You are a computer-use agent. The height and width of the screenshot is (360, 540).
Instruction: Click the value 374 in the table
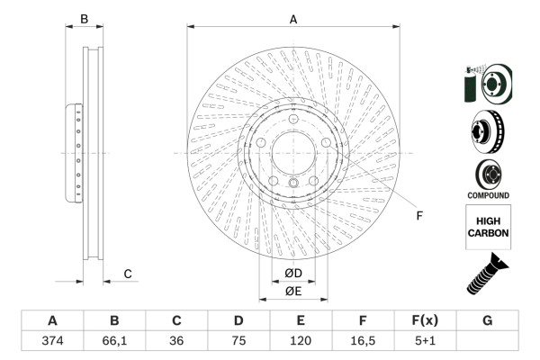[51, 341]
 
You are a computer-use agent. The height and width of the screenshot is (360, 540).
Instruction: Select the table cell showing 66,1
[114, 341]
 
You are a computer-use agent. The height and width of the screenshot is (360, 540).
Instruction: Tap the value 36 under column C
[176, 341]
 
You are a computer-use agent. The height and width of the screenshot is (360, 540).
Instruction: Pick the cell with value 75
[238, 341]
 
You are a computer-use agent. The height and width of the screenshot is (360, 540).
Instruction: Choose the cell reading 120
[301, 341]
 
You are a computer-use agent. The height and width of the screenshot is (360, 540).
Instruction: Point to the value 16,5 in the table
[363, 341]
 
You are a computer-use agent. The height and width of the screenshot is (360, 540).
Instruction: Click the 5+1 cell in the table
[425, 341]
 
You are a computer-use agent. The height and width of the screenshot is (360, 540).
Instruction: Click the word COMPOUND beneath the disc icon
[488, 195]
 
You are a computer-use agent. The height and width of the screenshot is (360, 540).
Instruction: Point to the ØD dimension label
[292, 274]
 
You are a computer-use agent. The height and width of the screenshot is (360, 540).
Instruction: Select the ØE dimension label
[292, 291]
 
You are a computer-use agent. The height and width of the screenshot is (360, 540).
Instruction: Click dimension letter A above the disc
[293, 18]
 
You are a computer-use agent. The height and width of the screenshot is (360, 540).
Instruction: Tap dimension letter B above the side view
[84, 18]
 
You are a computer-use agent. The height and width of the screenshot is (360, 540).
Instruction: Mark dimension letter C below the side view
[128, 274]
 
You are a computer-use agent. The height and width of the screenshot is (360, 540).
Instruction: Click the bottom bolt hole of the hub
[293, 186]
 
